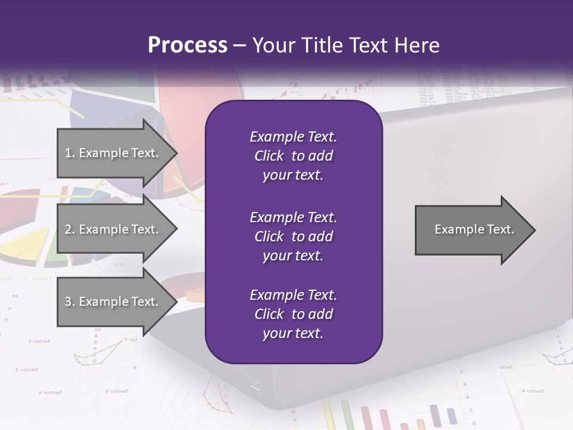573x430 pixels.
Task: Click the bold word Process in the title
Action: click(x=187, y=45)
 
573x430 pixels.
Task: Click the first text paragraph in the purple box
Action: click(x=293, y=156)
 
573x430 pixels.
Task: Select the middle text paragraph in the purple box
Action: click(x=293, y=236)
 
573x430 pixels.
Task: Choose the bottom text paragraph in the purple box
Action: click(x=293, y=314)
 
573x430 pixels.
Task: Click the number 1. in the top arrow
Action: click(x=69, y=153)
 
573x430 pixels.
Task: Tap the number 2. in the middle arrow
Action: click(x=69, y=229)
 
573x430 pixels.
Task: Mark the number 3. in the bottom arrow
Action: click(x=69, y=302)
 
